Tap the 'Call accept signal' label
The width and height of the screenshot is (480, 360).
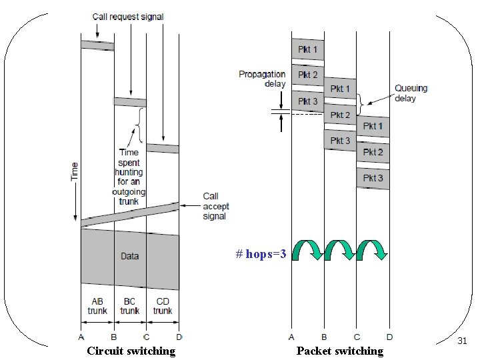point(215,206)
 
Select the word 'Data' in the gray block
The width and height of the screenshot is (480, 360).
point(130,256)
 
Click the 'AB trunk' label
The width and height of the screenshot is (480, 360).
point(97,306)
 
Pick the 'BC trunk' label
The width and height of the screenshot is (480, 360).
point(130,306)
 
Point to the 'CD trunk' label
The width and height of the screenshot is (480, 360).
point(163,306)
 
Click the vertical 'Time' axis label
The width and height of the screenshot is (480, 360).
point(75,171)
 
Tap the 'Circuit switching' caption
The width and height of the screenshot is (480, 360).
point(131,351)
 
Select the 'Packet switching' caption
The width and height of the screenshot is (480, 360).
point(340,351)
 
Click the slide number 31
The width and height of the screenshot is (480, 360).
point(462,341)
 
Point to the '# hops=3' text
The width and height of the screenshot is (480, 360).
point(261,254)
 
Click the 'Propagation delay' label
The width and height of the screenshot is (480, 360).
point(262,79)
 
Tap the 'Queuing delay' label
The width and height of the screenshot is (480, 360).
point(411,93)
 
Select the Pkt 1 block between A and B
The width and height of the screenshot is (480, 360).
point(307,49)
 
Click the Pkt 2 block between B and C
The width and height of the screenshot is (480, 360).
point(340,115)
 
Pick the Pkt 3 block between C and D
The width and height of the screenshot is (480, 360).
point(373,178)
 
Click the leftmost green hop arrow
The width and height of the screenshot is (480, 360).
point(307,250)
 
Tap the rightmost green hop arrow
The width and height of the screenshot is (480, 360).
point(372,250)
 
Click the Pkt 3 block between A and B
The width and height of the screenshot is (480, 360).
point(307,101)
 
